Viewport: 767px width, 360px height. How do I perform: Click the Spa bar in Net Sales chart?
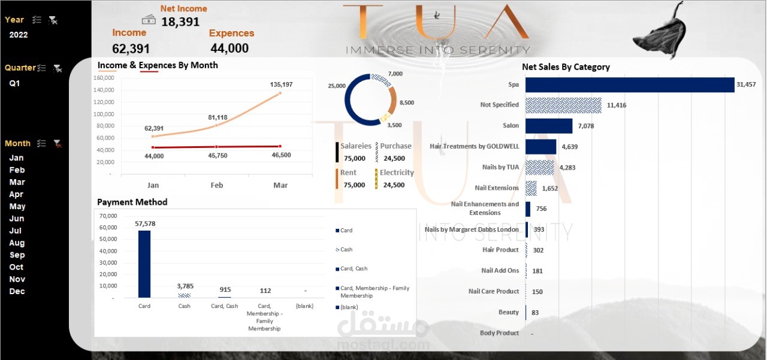pos(629,84)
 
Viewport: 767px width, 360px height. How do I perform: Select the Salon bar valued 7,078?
pos(548,126)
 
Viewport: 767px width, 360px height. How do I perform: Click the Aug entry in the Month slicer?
pos(16,243)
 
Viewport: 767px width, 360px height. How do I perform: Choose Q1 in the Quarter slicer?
pos(14,83)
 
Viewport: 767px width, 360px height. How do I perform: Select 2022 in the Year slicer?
pos(19,35)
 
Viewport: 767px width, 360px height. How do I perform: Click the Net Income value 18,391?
pos(180,22)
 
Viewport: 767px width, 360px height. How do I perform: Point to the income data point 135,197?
pos(280,93)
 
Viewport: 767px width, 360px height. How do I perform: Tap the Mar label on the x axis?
pos(280,185)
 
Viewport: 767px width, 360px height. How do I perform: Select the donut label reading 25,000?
pos(336,86)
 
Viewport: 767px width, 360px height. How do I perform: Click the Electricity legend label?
pos(396,173)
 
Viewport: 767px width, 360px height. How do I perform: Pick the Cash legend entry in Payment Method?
pos(346,250)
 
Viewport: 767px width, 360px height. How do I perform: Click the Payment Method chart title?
pos(132,202)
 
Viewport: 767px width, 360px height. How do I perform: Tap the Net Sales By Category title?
pos(566,67)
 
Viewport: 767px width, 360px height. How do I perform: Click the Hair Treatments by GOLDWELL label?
pos(474,146)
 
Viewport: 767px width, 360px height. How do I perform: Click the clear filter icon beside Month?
pos(58,143)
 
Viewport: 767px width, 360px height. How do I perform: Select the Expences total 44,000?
pos(230,49)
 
